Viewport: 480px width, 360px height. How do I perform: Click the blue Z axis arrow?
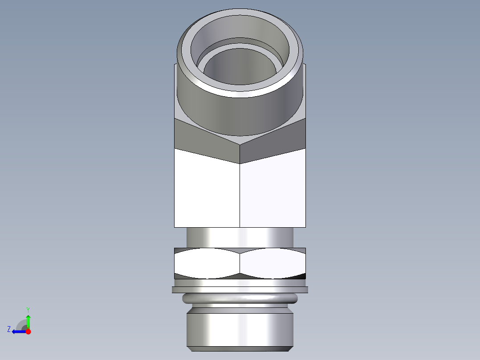(18, 331)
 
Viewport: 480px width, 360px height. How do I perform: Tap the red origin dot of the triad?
(28, 331)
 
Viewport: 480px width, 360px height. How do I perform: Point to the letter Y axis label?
(28, 309)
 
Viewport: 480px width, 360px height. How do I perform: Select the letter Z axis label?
(9, 329)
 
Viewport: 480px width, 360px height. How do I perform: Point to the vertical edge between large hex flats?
(240, 196)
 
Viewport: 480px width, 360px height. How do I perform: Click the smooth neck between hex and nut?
(240, 237)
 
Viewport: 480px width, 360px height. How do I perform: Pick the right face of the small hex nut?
(273, 263)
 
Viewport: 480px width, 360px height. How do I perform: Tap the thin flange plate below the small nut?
(240, 290)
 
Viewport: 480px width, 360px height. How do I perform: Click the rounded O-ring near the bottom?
(240, 299)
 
